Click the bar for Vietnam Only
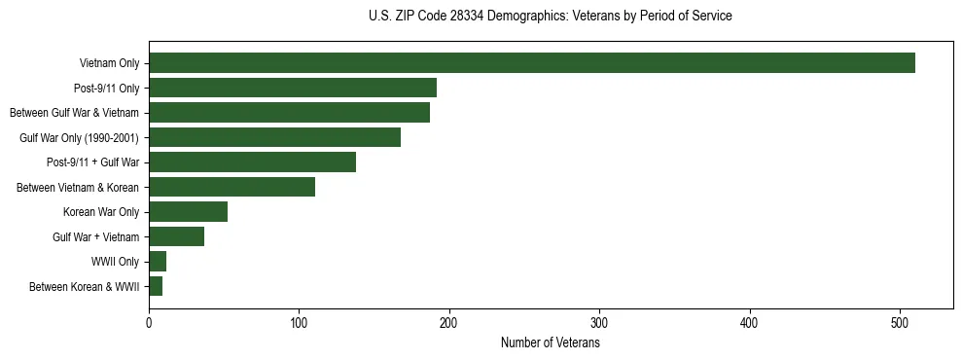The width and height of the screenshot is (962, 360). point(531,63)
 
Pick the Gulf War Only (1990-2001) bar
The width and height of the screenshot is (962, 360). point(274,137)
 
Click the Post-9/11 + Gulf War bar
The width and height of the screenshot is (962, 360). point(252,162)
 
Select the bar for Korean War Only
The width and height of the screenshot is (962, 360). point(188,212)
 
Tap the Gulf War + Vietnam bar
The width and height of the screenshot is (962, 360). point(176,236)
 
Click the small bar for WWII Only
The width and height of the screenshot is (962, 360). point(158,262)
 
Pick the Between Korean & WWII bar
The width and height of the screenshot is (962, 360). point(156,286)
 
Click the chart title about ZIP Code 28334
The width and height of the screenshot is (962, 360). point(551,17)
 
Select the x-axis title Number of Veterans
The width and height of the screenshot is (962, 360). point(551,343)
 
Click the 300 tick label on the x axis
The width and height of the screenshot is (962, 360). point(600,324)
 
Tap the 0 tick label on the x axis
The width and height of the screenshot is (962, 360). point(149,324)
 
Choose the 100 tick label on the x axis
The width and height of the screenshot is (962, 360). point(300,324)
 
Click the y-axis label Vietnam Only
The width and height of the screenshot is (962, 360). point(109,63)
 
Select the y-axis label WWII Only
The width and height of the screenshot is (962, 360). point(115,262)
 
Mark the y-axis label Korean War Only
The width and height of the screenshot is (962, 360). point(101,212)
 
